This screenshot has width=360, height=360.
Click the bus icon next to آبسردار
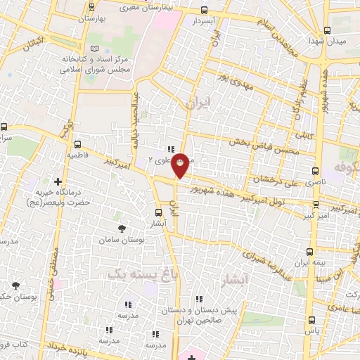coord(205,10)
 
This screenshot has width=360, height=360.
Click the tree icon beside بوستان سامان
coord(122,229)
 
